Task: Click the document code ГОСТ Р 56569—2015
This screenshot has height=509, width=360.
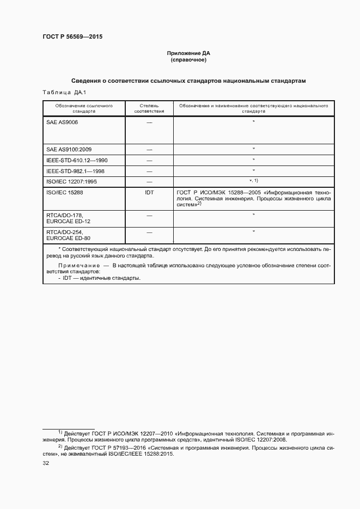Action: [72, 37]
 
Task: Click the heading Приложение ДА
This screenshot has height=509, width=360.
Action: [188, 53]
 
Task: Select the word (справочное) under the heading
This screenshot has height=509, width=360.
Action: [188, 60]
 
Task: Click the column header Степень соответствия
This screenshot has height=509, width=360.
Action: [149, 108]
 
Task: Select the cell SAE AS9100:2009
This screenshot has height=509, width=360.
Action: [69, 149]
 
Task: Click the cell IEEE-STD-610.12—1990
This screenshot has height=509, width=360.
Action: [77, 160]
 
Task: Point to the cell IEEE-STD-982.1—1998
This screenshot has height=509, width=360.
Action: [75, 171]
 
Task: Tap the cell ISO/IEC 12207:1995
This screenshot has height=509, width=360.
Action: [71, 181]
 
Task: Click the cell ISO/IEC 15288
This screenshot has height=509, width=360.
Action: [65, 192]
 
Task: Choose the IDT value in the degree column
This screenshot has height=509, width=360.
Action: [149, 192]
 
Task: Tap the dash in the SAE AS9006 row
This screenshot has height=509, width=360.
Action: [149, 123]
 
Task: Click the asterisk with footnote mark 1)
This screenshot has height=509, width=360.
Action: [253, 180]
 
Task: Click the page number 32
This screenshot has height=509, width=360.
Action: [46, 464]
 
